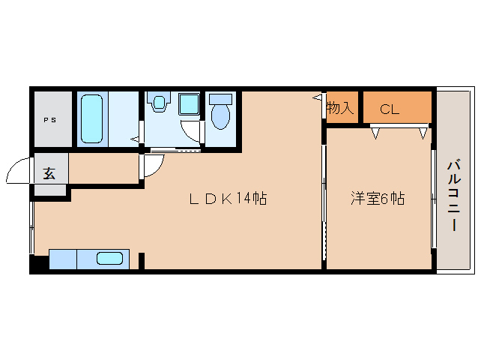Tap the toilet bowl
point(220,116)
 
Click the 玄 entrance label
point(49,173)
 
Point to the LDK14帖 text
point(227,199)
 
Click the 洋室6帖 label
point(378,199)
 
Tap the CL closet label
point(390,109)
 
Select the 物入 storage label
point(339,108)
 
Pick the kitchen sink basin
point(109,259)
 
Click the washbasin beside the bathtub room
point(159,103)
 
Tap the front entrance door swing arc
point(18,172)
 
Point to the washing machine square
point(188,103)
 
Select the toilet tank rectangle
point(220,97)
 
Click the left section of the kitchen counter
point(62,259)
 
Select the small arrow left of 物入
point(317,97)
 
